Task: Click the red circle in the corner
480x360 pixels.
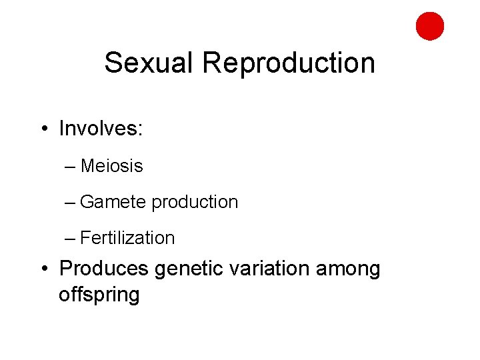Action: click(x=430, y=26)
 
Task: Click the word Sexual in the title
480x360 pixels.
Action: click(x=150, y=63)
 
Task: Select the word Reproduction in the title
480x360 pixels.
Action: click(x=289, y=63)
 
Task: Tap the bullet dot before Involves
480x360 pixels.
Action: click(x=43, y=128)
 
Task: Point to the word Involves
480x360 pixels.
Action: click(x=98, y=128)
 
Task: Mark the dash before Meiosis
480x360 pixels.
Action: click(x=71, y=166)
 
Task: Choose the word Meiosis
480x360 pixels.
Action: click(x=112, y=165)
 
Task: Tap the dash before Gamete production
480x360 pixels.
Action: click(x=71, y=202)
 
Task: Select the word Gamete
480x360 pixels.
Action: click(x=113, y=202)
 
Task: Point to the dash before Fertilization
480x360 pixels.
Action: click(x=71, y=238)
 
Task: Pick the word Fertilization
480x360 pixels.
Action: click(x=127, y=238)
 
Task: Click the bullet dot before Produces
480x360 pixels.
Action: click(x=43, y=269)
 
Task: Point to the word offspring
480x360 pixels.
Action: click(x=99, y=295)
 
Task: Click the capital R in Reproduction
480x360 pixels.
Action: click(x=211, y=63)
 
